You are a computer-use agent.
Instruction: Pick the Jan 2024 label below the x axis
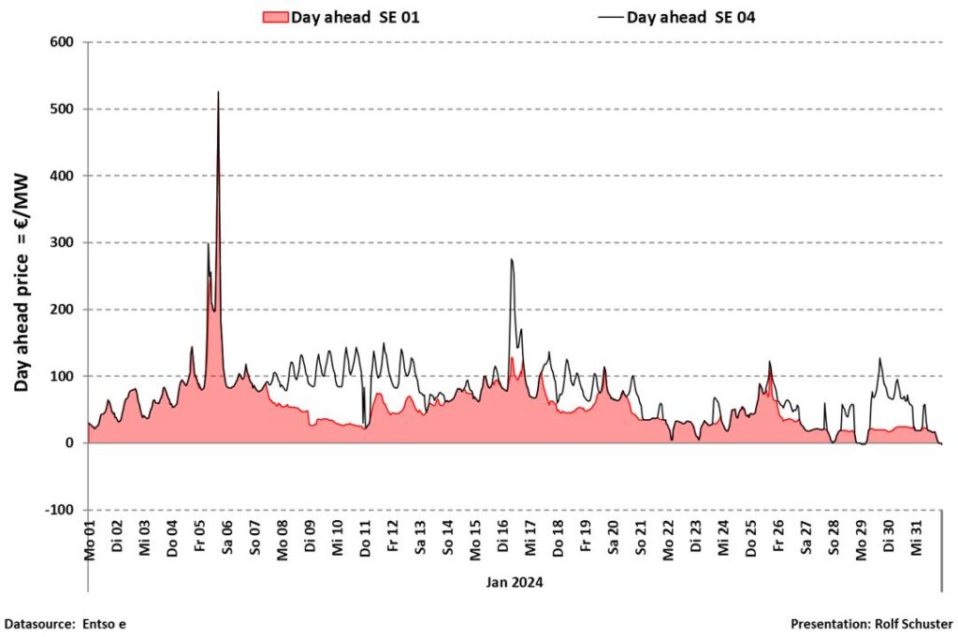point(515,582)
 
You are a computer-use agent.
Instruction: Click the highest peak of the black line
point(218,92)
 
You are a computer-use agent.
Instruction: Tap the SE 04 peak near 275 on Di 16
point(512,259)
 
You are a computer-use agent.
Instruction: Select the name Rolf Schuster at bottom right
point(914,624)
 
